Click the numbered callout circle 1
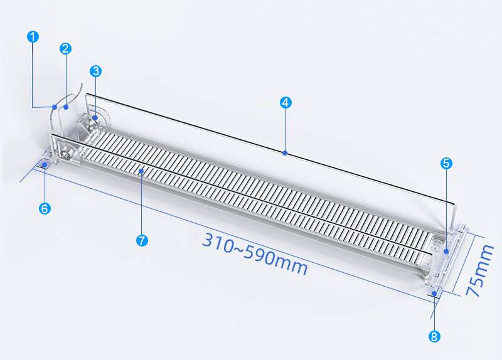(33, 36)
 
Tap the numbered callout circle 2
(65, 49)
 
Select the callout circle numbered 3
(96, 71)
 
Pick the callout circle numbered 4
(286, 102)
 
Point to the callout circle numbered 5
(446, 163)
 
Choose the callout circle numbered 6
(45, 209)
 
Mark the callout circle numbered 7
(142, 240)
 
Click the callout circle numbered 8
(434, 336)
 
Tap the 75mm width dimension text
(479, 270)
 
